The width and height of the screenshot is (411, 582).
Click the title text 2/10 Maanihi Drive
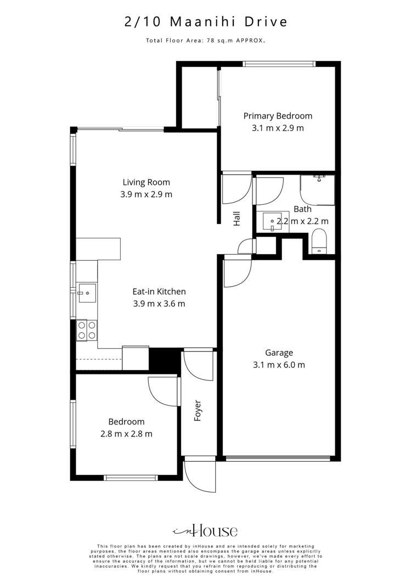[205, 22]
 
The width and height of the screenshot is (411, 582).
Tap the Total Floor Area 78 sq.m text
[205, 40]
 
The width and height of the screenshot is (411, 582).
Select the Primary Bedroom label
[278, 116]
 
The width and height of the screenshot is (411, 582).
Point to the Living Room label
[146, 182]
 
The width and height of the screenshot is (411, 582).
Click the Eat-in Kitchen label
[159, 292]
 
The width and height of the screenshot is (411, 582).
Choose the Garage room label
[279, 352]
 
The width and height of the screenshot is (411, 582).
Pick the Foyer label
[198, 410]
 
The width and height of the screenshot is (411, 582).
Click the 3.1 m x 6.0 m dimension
[279, 365]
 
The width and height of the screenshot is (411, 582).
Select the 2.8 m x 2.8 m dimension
[126, 434]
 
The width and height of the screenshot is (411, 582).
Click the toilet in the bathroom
[319, 242]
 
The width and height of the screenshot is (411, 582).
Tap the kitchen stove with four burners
[87, 329]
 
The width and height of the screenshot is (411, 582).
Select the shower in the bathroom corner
[317, 189]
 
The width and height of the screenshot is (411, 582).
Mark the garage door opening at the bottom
[279, 458]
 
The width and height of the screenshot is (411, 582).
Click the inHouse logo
[205, 530]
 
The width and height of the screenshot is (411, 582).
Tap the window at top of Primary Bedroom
[280, 64]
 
